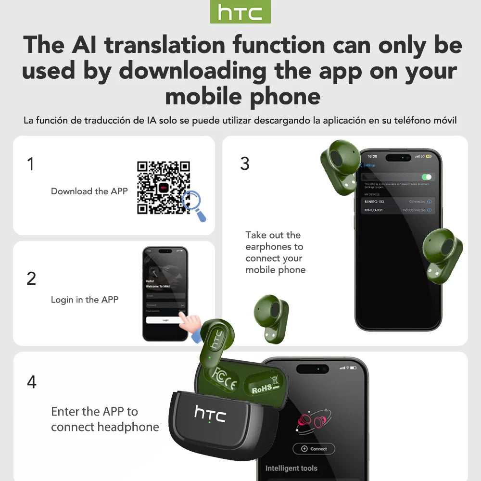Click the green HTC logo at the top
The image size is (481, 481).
(240, 12)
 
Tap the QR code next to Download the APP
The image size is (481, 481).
(164, 187)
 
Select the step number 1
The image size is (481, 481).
(31, 164)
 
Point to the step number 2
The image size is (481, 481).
(31, 278)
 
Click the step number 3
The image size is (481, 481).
(245, 164)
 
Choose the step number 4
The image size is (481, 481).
(31, 382)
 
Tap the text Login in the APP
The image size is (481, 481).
(85, 300)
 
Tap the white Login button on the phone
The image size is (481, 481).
(165, 320)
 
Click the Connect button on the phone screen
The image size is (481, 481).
(314, 449)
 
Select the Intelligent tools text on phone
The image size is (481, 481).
(291, 468)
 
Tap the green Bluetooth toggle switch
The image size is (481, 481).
(427, 177)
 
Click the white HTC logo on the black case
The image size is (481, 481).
(210, 413)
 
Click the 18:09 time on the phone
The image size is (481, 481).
(372, 156)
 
